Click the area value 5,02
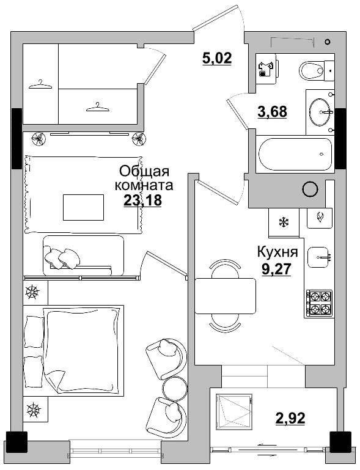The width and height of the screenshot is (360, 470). tap(217, 59)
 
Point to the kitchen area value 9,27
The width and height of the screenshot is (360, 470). tap(276, 270)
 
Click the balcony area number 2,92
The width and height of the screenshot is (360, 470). tap(290, 419)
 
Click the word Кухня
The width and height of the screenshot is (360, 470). tap(277, 251)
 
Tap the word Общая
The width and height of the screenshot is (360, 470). tap(144, 171)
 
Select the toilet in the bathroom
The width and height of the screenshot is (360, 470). tap(315, 70)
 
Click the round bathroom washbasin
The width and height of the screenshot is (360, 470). tap(320, 112)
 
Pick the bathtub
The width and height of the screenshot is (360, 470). tap(295, 155)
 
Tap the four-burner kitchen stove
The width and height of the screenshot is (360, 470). tap(319, 303)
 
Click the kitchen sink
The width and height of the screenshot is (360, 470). tap(319, 257)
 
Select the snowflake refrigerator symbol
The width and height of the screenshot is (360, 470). tap(284, 221)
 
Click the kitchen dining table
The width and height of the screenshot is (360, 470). tap(225, 296)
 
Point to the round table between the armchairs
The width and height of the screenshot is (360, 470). tap(175, 387)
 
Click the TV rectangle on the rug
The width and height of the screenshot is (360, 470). tap(83, 207)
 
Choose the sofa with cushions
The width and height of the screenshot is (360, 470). tap(83, 255)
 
